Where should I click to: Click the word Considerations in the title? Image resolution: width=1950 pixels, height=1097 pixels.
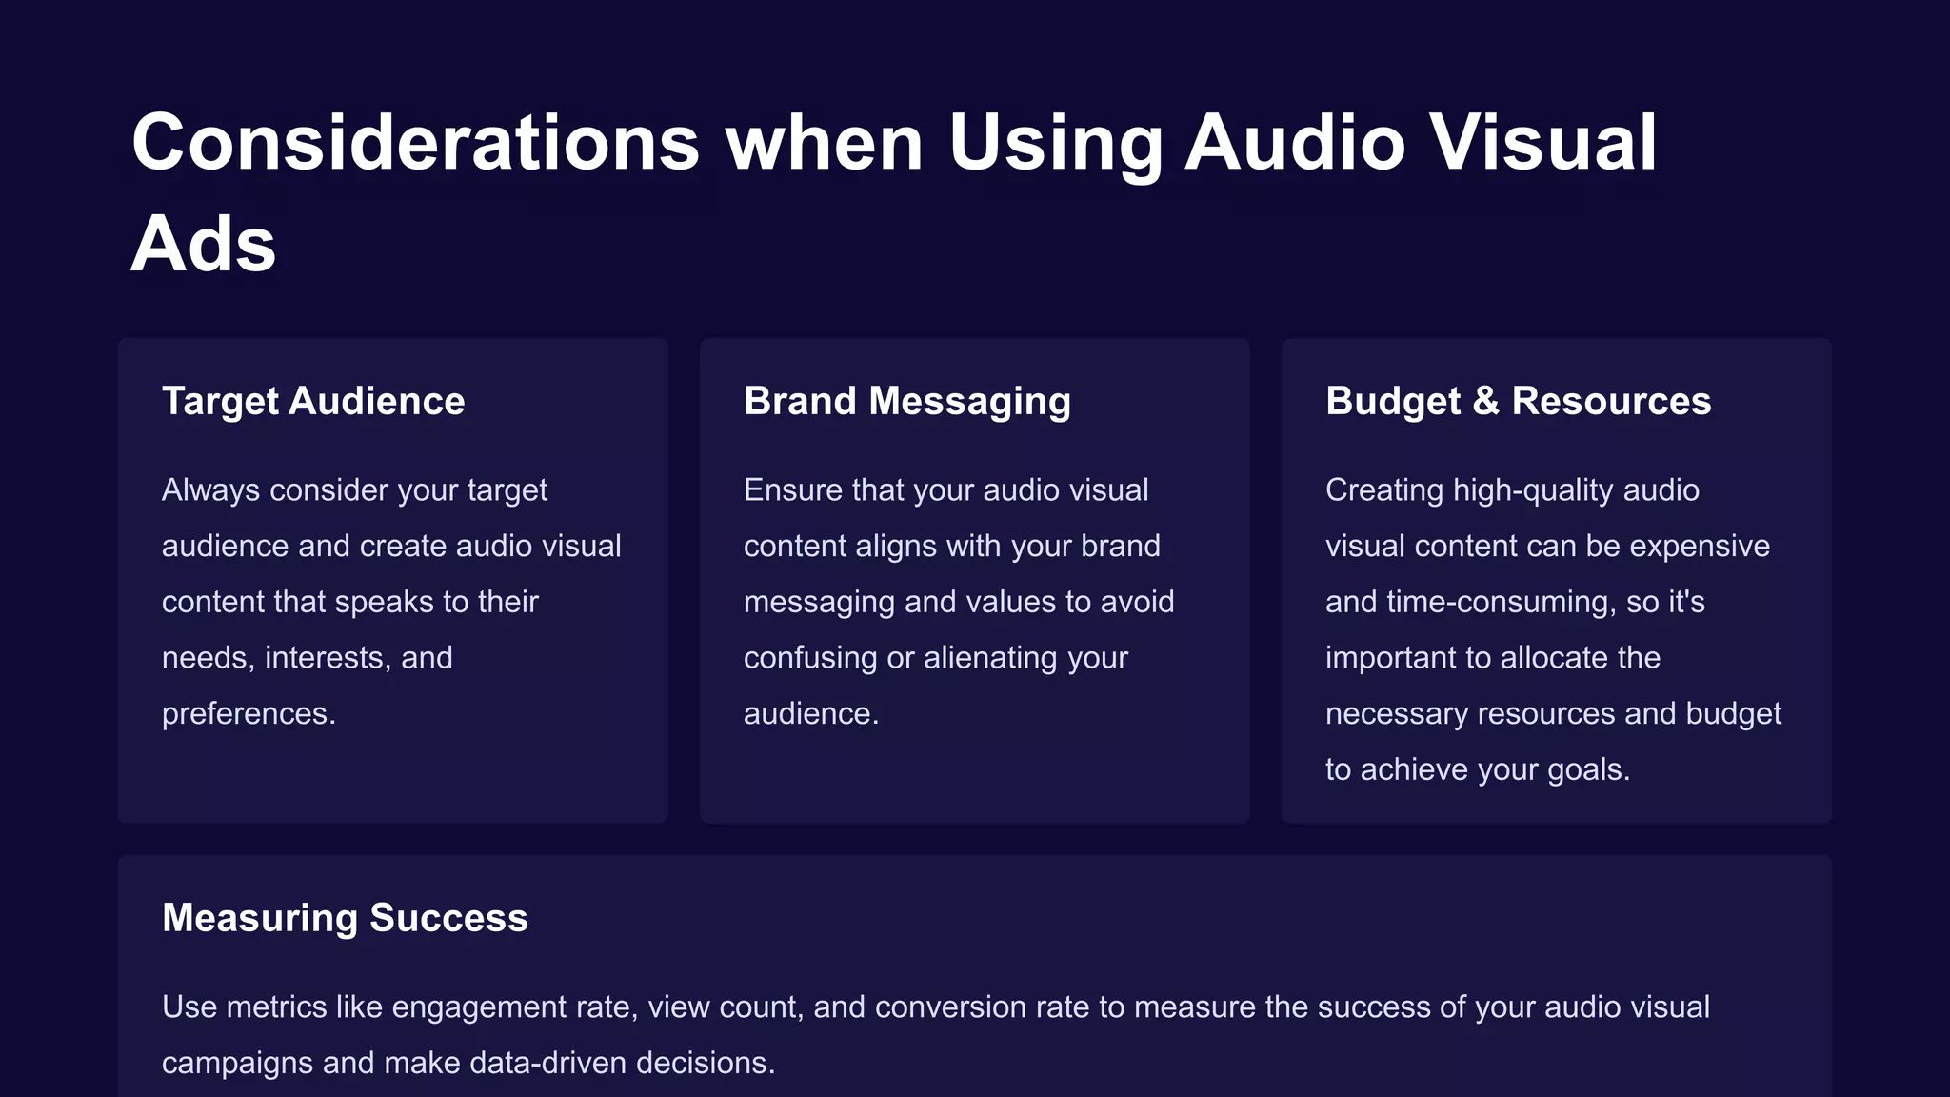(x=416, y=143)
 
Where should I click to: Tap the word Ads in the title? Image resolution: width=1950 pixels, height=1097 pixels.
(x=204, y=245)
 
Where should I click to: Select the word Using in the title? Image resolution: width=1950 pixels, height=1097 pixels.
(x=1055, y=143)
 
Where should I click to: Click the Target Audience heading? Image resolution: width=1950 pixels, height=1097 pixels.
(x=313, y=401)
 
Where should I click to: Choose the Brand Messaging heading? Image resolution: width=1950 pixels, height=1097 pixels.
(x=906, y=401)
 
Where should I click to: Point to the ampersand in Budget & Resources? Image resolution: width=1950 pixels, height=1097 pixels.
(x=1485, y=401)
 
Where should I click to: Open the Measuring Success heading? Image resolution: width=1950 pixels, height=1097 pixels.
(x=345, y=918)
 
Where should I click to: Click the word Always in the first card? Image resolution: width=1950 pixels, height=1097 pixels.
(x=210, y=489)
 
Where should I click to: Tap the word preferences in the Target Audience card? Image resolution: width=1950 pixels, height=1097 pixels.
(x=249, y=713)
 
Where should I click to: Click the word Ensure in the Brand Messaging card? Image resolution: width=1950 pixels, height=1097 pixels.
(x=792, y=489)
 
